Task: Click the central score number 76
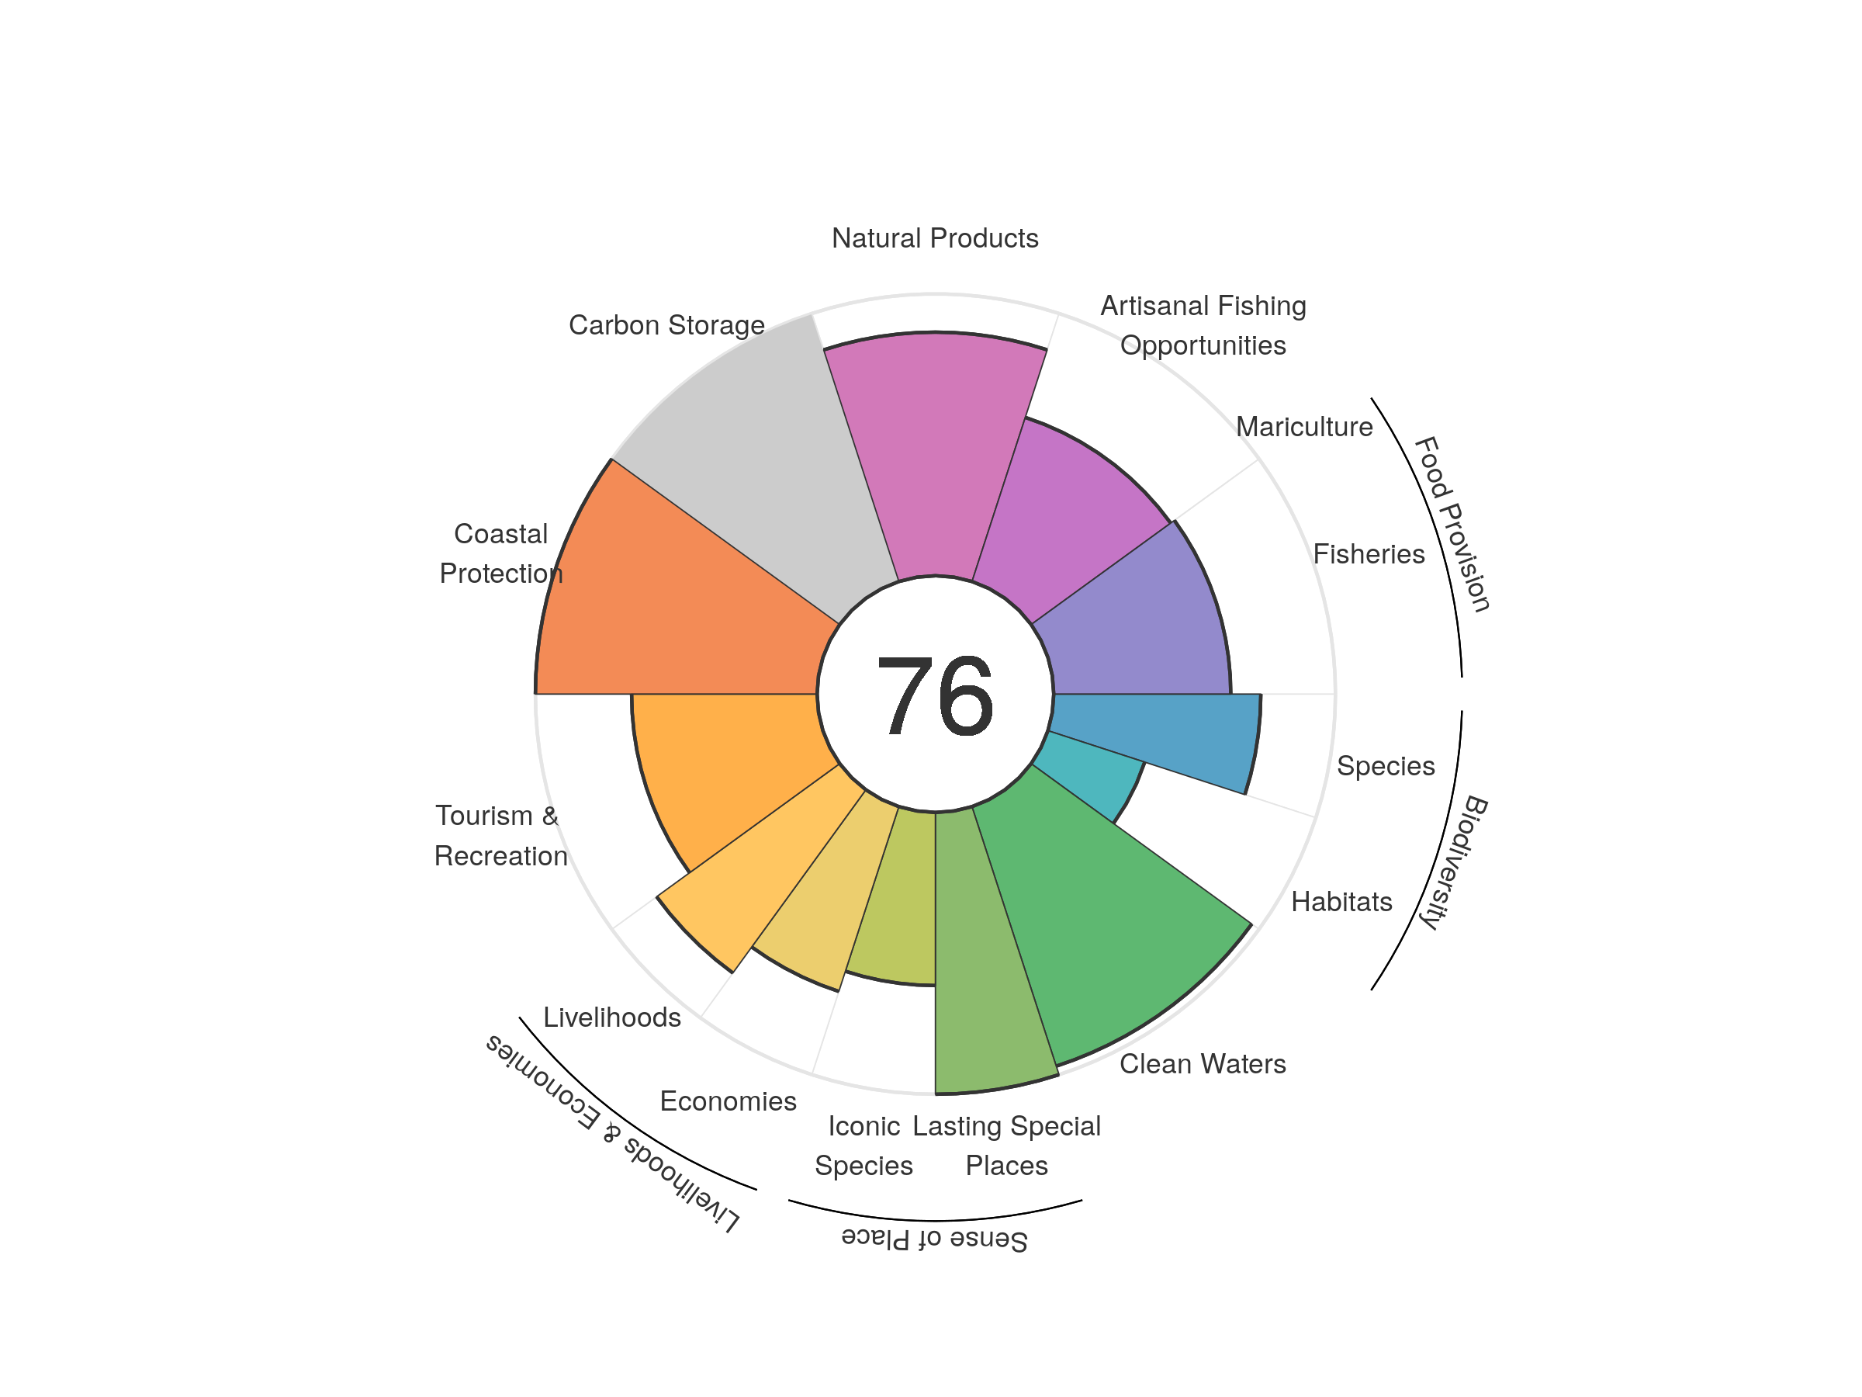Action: click(x=934, y=696)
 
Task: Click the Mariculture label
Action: click(x=1304, y=427)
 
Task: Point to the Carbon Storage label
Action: click(x=666, y=325)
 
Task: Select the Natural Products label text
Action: click(x=934, y=238)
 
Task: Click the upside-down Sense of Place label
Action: click(x=934, y=1239)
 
